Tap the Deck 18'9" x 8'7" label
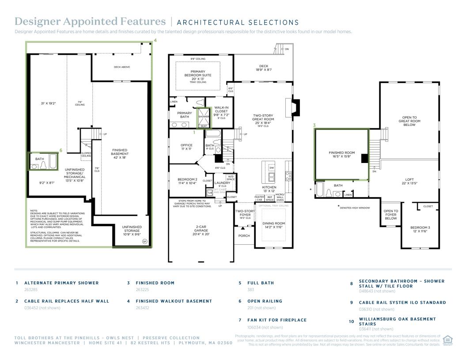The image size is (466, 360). pos(264,68)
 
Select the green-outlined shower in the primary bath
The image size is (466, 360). pos(204,118)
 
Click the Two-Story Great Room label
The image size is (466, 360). pos(263,119)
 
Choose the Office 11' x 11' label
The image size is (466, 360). pos(186,147)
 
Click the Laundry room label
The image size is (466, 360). pos(223,183)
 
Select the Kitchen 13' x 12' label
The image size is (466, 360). pos(269,189)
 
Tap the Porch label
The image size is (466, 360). pos(244,236)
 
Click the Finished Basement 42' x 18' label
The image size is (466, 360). pos(120,154)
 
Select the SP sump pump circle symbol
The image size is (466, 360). pos(144,241)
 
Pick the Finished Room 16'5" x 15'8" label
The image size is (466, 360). pos(342,155)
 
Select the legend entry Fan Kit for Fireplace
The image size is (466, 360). pos(277,320)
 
